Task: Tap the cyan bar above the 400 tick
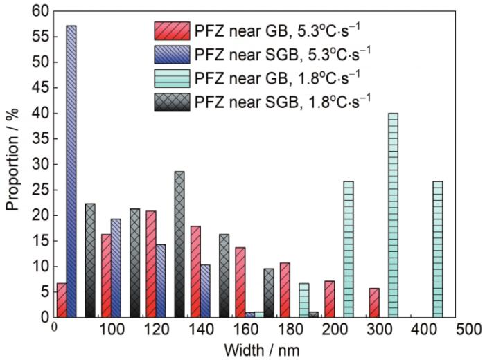(x=438, y=249)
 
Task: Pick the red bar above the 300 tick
(x=374, y=303)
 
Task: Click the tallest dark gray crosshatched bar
(x=179, y=244)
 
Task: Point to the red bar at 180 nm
(x=285, y=289)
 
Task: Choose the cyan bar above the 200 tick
(x=349, y=249)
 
